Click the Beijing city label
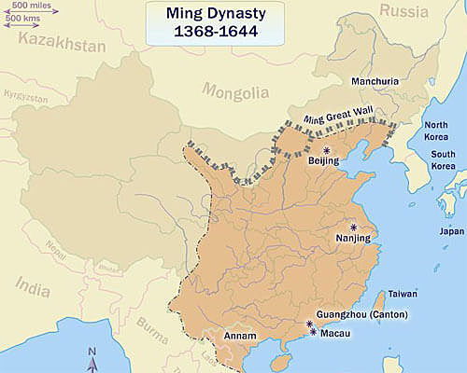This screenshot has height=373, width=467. pyautogui.click(x=324, y=162)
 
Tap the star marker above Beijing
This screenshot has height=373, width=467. pyautogui.click(x=326, y=149)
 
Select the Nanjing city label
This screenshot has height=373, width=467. pyautogui.click(x=352, y=239)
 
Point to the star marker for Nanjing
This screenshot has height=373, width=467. pyautogui.click(x=354, y=227)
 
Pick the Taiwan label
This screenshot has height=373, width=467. pyautogui.click(x=403, y=294)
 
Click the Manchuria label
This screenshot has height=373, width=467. pyautogui.click(x=373, y=81)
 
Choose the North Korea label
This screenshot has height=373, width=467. pyautogui.click(x=437, y=131)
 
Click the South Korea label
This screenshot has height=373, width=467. pyautogui.click(x=443, y=159)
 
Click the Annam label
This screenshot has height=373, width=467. pyautogui.click(x=229, y=336)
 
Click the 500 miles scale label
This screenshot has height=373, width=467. pyautogui.click(x=33, y=7)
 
